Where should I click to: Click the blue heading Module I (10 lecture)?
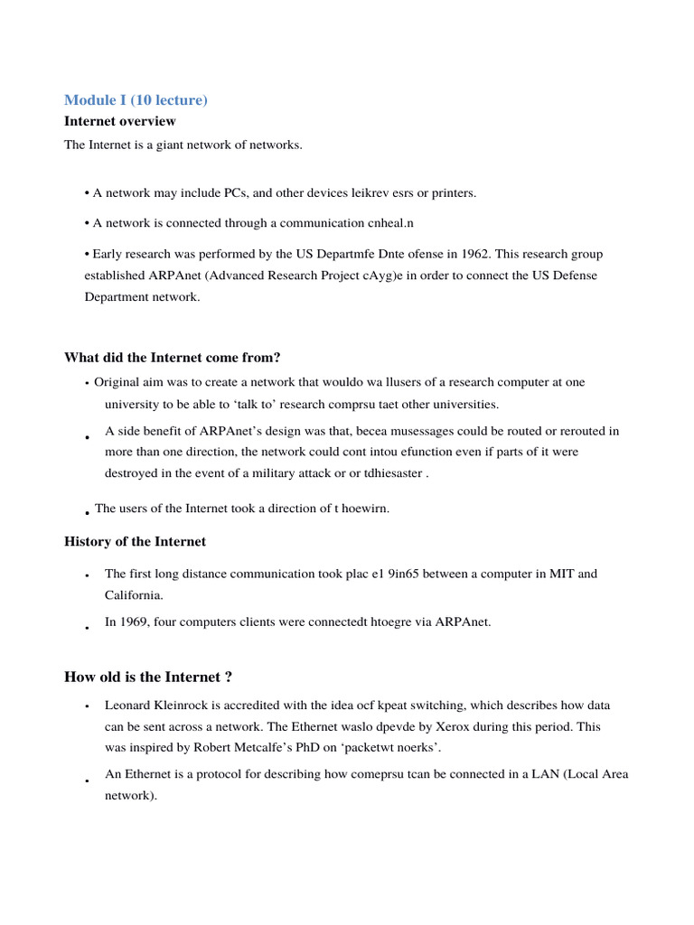click(x=136, y=99)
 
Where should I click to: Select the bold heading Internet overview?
click(x=120, y=121)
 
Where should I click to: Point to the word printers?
click(x=452, y=192)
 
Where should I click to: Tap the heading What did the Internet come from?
click(x=179, y=358)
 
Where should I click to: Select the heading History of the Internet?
click(x=135, y=542)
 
